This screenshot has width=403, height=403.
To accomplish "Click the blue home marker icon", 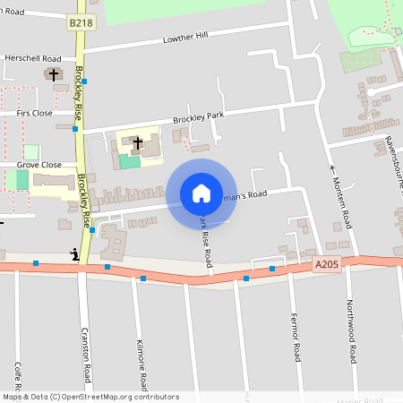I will click(201, 193).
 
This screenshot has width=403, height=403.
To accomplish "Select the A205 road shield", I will click(327, 265).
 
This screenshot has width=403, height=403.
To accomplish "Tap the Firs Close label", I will click(35, 114).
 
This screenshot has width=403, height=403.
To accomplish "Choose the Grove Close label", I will click(39, 165).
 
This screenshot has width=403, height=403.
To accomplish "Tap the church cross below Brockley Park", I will click(138, 141).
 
